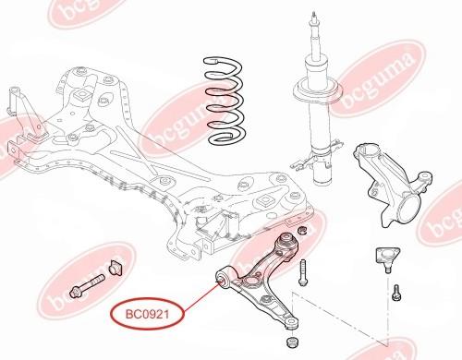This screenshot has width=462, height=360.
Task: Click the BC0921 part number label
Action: pos(147,314)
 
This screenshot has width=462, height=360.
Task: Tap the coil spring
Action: pos(225,102)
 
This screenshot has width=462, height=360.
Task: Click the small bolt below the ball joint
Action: pos(396,293)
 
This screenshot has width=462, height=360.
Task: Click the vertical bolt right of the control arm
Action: pos(302,272)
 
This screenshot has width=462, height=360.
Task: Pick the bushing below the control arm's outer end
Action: pos(293,342)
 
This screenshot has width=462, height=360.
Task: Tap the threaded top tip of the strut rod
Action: pos(314,16)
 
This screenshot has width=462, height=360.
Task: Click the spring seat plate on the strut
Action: pos(318,90)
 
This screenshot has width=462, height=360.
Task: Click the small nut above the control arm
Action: pos(301,230)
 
